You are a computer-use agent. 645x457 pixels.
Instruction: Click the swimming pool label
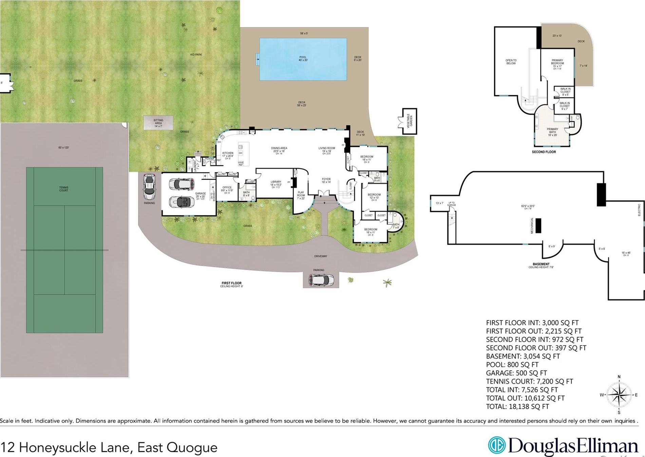coord(303,59)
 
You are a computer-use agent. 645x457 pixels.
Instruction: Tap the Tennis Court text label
coord(63,189)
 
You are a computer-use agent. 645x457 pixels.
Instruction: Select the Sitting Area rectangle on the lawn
coord(158,123)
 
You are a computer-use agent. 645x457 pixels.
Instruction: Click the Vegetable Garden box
coord(409,121)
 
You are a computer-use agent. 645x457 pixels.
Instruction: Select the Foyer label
coord(326,180)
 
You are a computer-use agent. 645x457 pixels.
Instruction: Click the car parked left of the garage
coord(149,187)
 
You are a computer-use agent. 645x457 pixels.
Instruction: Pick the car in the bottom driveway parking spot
coord(321,280)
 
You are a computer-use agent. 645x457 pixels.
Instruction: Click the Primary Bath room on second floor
coord(552,131)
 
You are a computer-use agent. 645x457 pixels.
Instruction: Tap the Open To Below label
coord(511,62)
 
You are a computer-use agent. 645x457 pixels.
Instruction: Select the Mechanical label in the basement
coord(532,225)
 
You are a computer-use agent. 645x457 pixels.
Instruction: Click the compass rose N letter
coord(619,377)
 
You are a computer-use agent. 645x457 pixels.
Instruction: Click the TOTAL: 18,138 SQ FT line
coord(517,407)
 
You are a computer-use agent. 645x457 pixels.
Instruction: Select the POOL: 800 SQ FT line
coord(512,365)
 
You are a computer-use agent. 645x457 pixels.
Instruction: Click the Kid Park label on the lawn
coord(196,55)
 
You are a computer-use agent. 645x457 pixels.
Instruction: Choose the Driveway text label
coord(320,256)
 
